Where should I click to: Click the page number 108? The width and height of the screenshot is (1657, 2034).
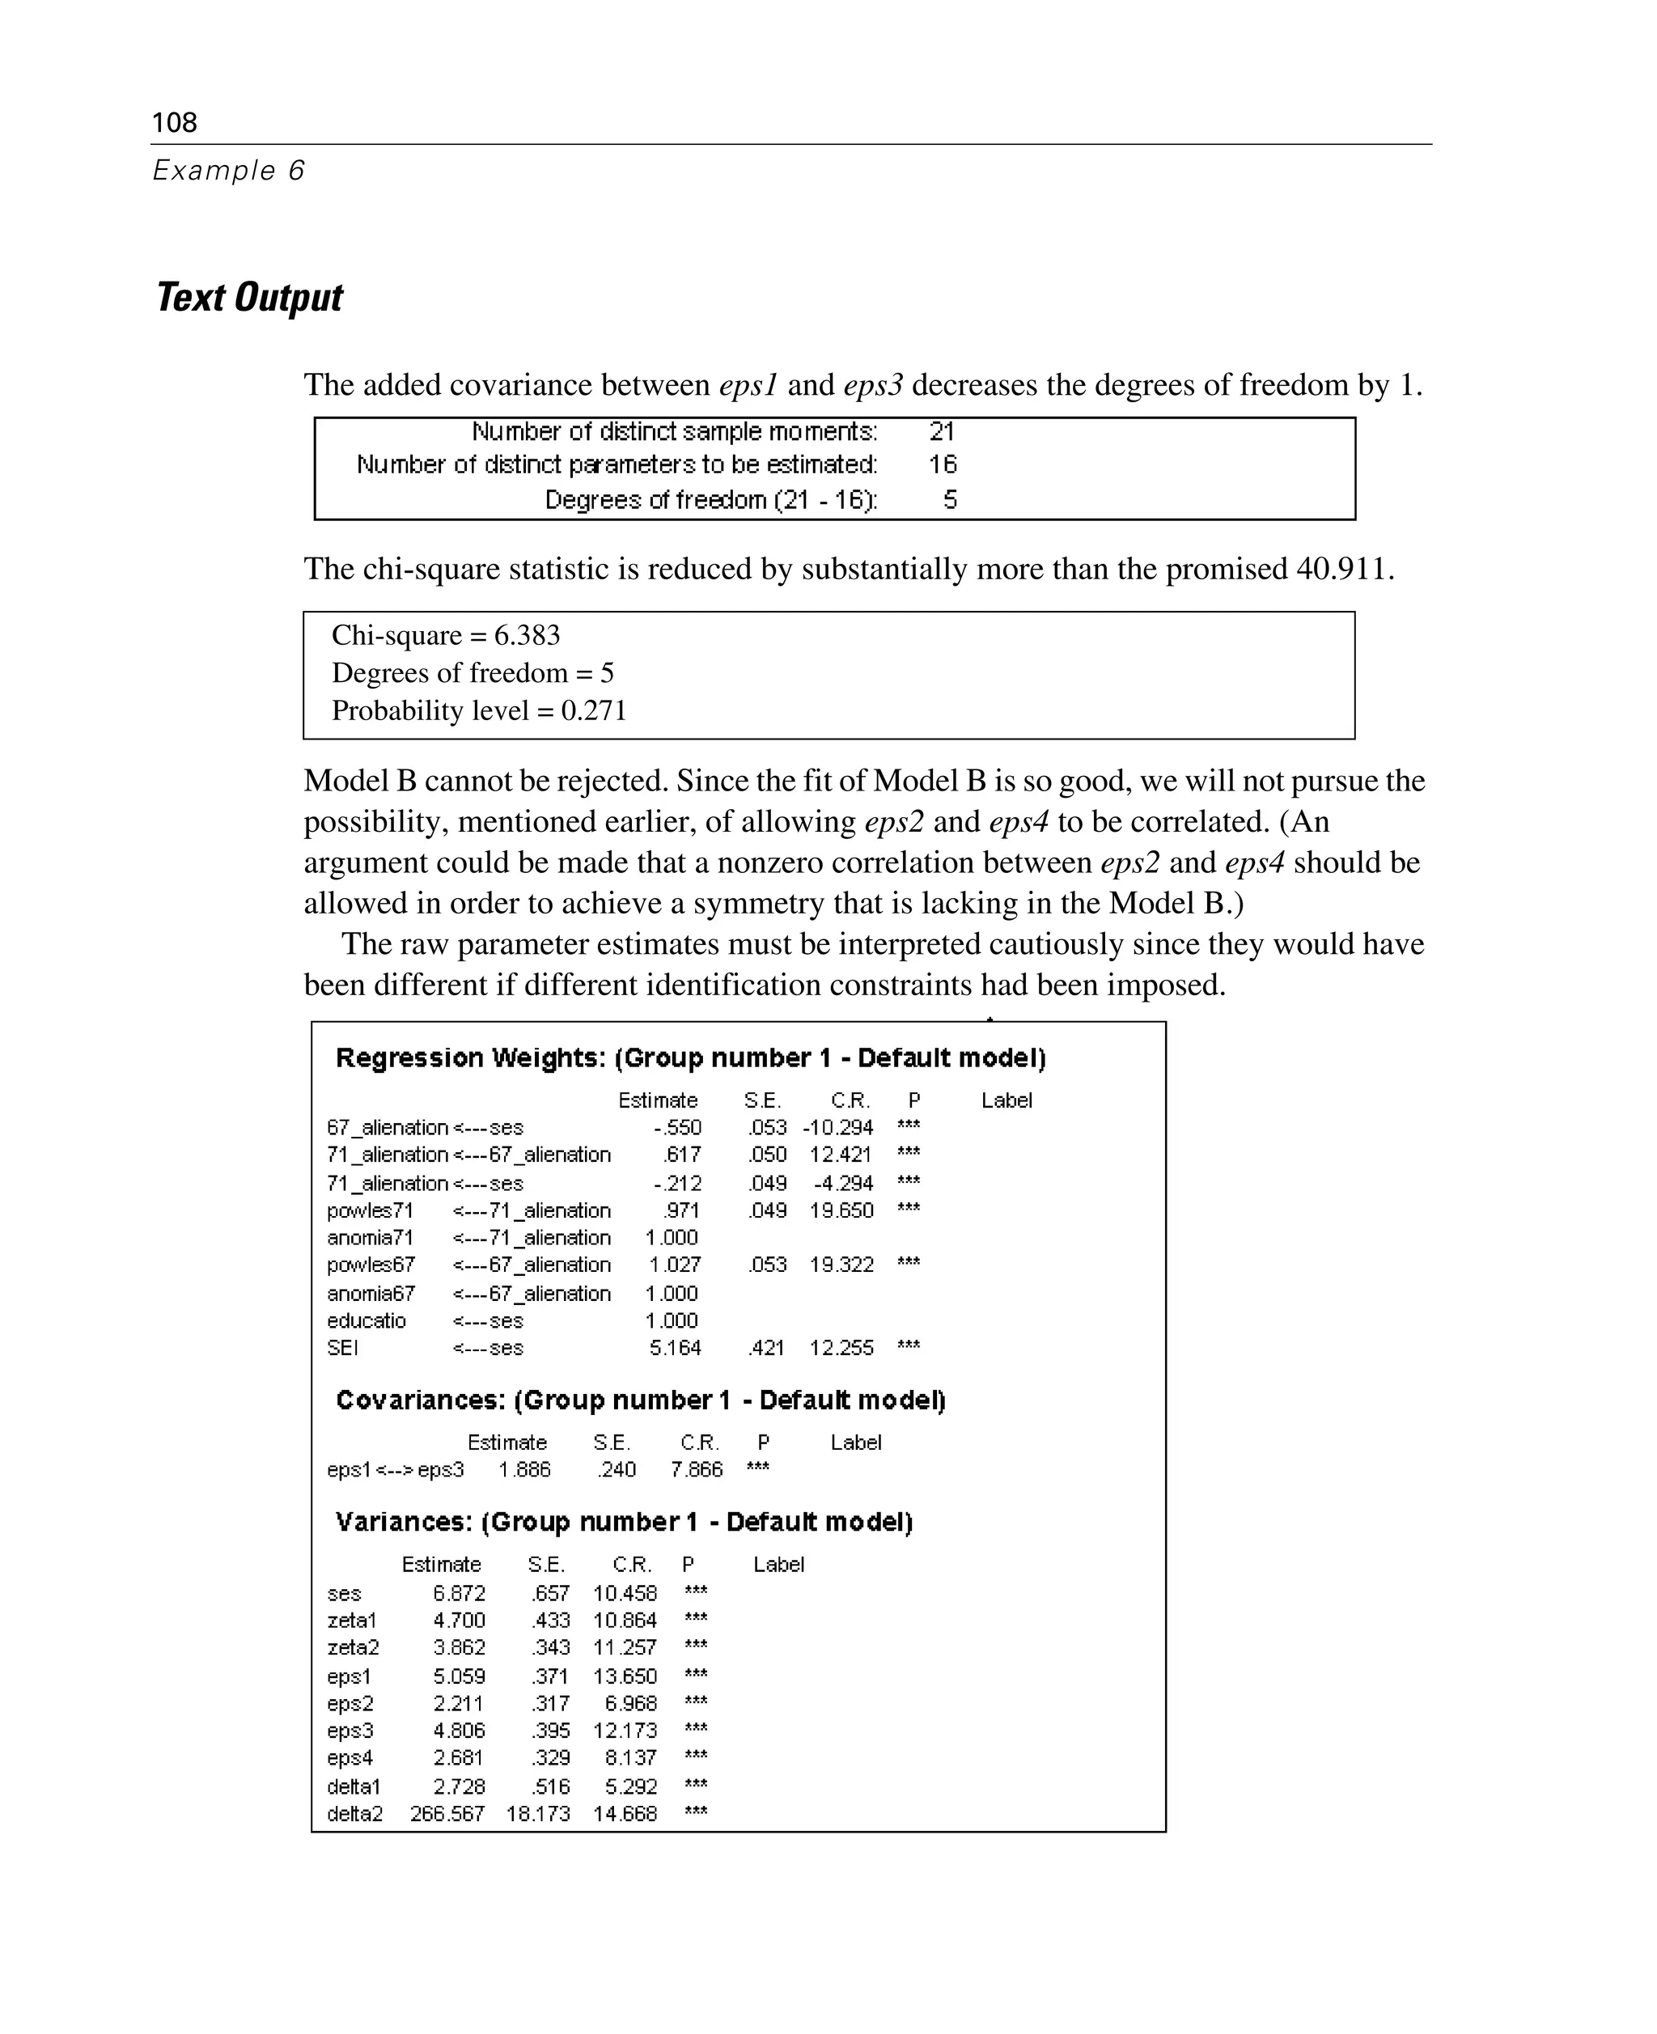pos(175,122)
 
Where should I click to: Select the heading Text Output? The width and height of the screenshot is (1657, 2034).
pos(249,298)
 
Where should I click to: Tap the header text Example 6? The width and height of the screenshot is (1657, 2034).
pos(228,171)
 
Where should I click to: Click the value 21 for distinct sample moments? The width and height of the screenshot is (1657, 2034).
pos(941,431)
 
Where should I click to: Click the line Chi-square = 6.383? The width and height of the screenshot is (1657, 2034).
pos(446,636)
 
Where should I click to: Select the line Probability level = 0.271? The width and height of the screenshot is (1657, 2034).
pos(479,711)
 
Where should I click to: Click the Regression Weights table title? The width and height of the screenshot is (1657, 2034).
pos(691,1057)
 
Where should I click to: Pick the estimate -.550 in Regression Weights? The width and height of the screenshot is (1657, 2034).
pos(678,1127)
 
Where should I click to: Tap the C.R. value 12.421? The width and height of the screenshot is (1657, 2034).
pos(840,1155)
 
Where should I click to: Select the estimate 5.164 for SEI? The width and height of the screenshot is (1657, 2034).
pos(675,1348)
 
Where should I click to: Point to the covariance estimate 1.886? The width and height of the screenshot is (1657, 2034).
pos(525,1470)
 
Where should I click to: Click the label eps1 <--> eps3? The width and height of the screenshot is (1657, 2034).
pos(395,1470)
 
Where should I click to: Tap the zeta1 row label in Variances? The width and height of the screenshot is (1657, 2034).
pos(352,1621)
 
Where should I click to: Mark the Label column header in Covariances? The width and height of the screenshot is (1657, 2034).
pos(855,1443)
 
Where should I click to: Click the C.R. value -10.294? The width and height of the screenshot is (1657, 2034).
pos(838,1127)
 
